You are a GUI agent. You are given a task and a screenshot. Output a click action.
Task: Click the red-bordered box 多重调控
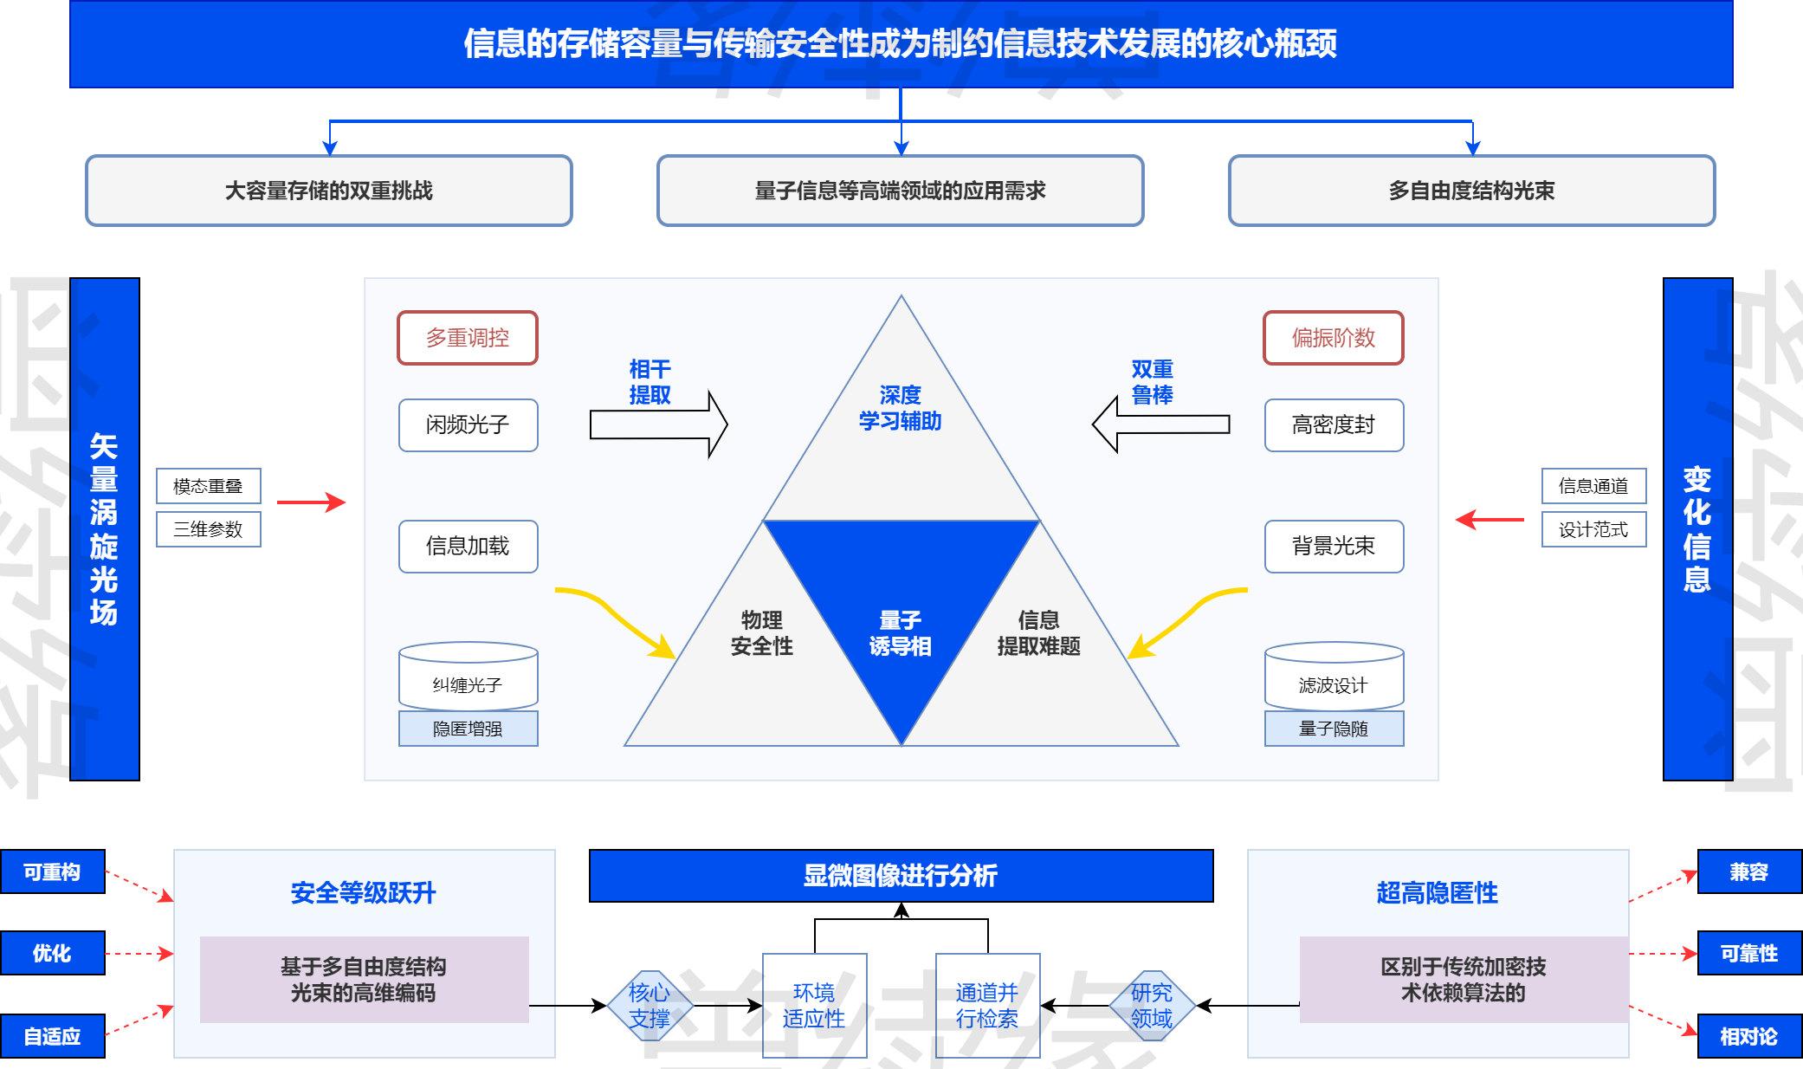click(x=468, y=338)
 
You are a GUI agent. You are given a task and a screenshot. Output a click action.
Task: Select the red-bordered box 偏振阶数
click(x=1334, y=338)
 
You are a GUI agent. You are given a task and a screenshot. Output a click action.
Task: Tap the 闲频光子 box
click(x=468, y=424)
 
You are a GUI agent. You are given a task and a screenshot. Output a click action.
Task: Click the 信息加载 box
click(x=468, y=546)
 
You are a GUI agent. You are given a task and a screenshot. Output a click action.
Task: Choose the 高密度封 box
click(x=1334, y=424)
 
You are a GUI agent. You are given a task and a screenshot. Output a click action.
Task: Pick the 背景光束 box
click(x=1334, y=546)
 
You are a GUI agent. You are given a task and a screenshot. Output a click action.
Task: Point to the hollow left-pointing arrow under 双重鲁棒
click(x=1160, y=424)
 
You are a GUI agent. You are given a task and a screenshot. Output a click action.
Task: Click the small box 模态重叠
click(x=208, y=486)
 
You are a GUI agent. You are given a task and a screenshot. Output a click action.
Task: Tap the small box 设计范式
click(x=1593, y=529)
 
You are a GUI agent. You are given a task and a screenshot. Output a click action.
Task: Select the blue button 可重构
click(x=52, y=871)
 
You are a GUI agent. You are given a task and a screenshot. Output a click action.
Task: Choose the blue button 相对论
click(x=1748, y=1036)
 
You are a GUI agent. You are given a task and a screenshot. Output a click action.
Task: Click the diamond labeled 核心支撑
click(x=649, y=1005)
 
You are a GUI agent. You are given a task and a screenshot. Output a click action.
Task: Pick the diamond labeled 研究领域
click(x=1152, y=1005)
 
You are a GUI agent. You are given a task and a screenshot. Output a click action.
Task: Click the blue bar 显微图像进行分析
click(x=901, y=875)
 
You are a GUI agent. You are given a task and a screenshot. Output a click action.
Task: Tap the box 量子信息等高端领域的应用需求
click(x=901, y=191)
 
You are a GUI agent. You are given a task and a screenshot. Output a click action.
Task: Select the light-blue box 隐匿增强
click(x=468, y=729)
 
